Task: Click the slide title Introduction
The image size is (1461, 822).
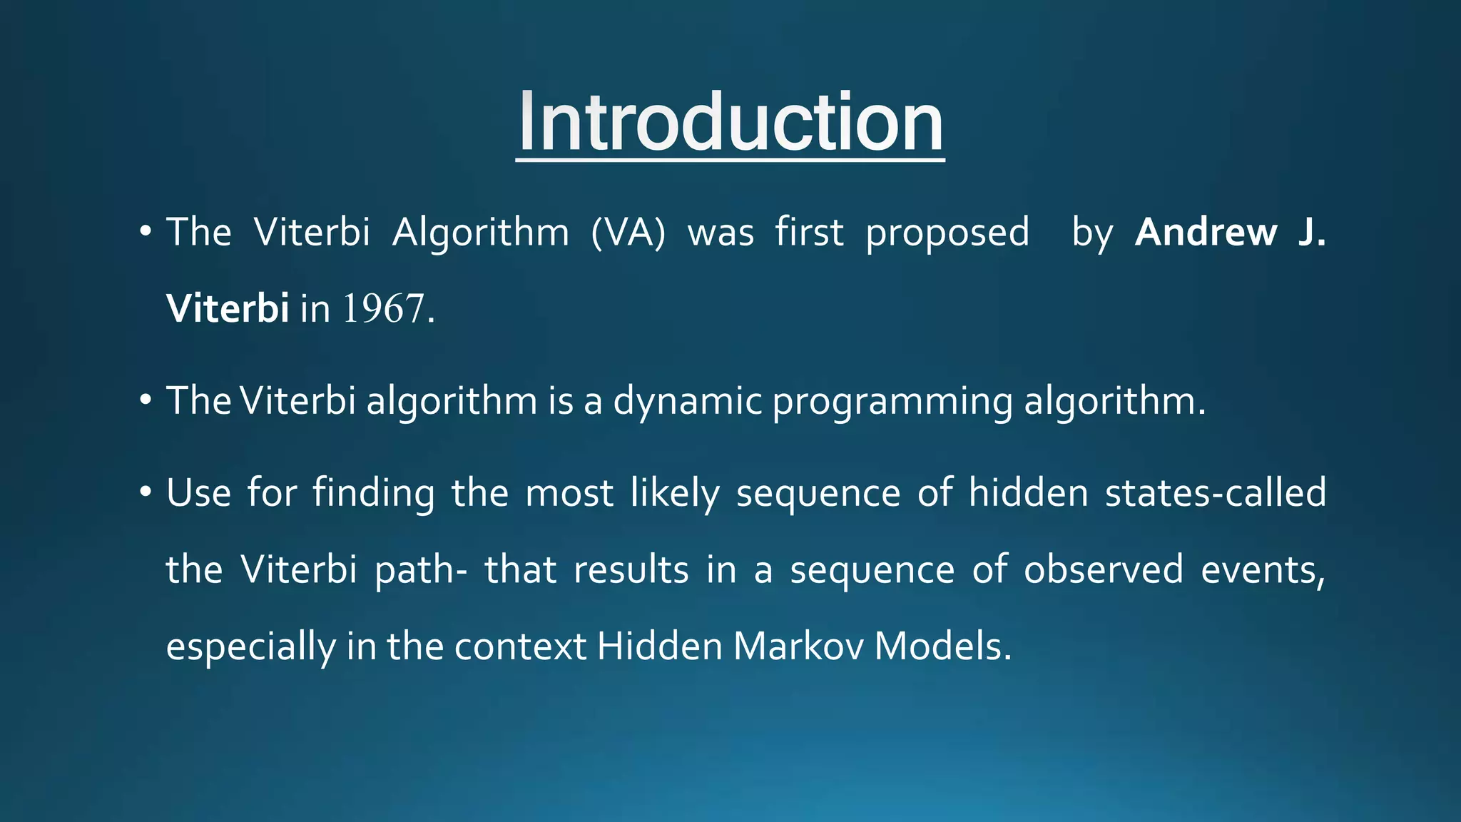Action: coord(730,123)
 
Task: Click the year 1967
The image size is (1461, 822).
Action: coord(383,309)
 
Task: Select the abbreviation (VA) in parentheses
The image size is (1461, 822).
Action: coord(628,233)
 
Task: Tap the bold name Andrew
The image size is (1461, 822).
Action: coord(1206,233)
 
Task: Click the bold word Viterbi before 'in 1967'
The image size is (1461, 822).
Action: coord(227,309)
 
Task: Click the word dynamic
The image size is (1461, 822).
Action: coord(688,401)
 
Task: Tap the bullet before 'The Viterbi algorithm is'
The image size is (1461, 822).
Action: coord(146,400)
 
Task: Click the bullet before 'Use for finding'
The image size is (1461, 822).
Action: coord(146,492)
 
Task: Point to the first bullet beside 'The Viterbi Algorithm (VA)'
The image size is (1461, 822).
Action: coord(146,232)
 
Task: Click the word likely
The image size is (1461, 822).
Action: coord(675,494)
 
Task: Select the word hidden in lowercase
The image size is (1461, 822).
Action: coord(1028,493)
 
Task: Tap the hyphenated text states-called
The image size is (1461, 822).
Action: coord(1216,493)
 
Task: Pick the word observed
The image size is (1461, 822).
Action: coord(1103,570)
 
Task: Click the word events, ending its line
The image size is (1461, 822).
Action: coord(1263,570)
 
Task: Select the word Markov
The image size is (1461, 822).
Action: coord(798,646)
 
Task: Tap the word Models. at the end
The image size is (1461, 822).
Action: coord(942,646)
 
